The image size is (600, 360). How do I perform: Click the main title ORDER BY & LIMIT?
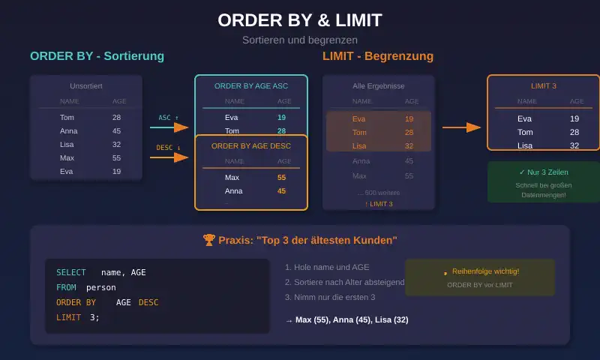pos(300,20)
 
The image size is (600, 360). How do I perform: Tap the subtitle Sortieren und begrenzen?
pos(300,40)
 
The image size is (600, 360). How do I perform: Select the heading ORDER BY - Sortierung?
pos(97,56)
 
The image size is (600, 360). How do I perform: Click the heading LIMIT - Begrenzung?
pos(378,56)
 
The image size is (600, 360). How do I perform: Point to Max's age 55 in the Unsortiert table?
pos(116,158)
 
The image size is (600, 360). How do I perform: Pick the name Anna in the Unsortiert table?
pos(68,131)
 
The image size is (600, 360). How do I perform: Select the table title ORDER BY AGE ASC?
pos(251,86)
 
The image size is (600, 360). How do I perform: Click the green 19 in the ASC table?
pos(281,118)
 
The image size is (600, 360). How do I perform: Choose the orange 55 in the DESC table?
pos(281,178)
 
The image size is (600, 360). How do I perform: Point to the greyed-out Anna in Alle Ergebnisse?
pos(361,161)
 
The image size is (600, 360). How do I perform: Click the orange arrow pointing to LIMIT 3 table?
pos(461,127)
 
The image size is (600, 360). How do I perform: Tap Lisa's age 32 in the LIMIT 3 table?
pos(574,145)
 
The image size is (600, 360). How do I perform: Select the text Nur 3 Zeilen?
pos(544,172)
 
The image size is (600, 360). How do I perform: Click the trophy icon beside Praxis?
pos(209,241)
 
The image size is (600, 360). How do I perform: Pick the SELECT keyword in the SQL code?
pos(71,272)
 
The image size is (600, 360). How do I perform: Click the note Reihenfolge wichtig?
pos(481,271)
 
